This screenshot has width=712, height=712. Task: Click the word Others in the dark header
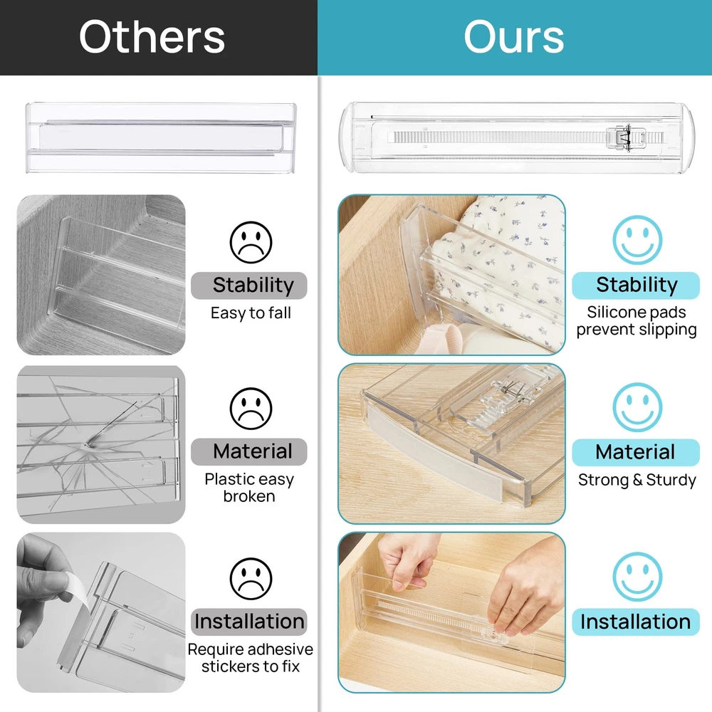click(x=152, y=37)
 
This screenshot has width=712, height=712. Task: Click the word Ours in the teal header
click(x=513, y=37)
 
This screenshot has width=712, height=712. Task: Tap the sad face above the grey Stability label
click(x=251, y=242)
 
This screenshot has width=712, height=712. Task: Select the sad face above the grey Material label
click(x=251, y=409)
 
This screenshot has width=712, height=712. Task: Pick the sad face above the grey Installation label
click(x=251, y=578)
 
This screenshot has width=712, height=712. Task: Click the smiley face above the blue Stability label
click(x=637, y=240)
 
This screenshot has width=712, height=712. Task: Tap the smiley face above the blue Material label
click(x=637, y=407)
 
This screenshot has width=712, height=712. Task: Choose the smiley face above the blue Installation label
click(x=637, y=577)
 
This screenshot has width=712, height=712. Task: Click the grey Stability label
click(x=248, y=286)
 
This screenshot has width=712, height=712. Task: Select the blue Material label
click(x=636, y=452)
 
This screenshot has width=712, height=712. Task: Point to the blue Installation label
click(x=636, y=622)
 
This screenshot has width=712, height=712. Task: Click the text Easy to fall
click(x=251, y=313)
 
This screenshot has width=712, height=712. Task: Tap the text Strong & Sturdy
click(x=637, y=480)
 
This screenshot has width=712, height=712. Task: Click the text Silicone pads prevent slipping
click(x=637, y=321)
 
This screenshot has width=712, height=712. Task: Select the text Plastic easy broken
click(x=249, y=488)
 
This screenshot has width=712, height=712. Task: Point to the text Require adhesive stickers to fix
click(x=250, y=658)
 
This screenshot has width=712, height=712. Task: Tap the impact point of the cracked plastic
click(x=86, y=444)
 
